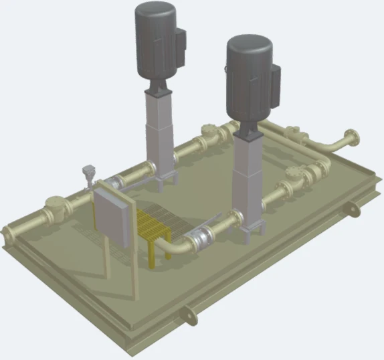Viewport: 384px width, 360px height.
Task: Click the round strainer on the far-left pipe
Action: (x=53, y=207)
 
